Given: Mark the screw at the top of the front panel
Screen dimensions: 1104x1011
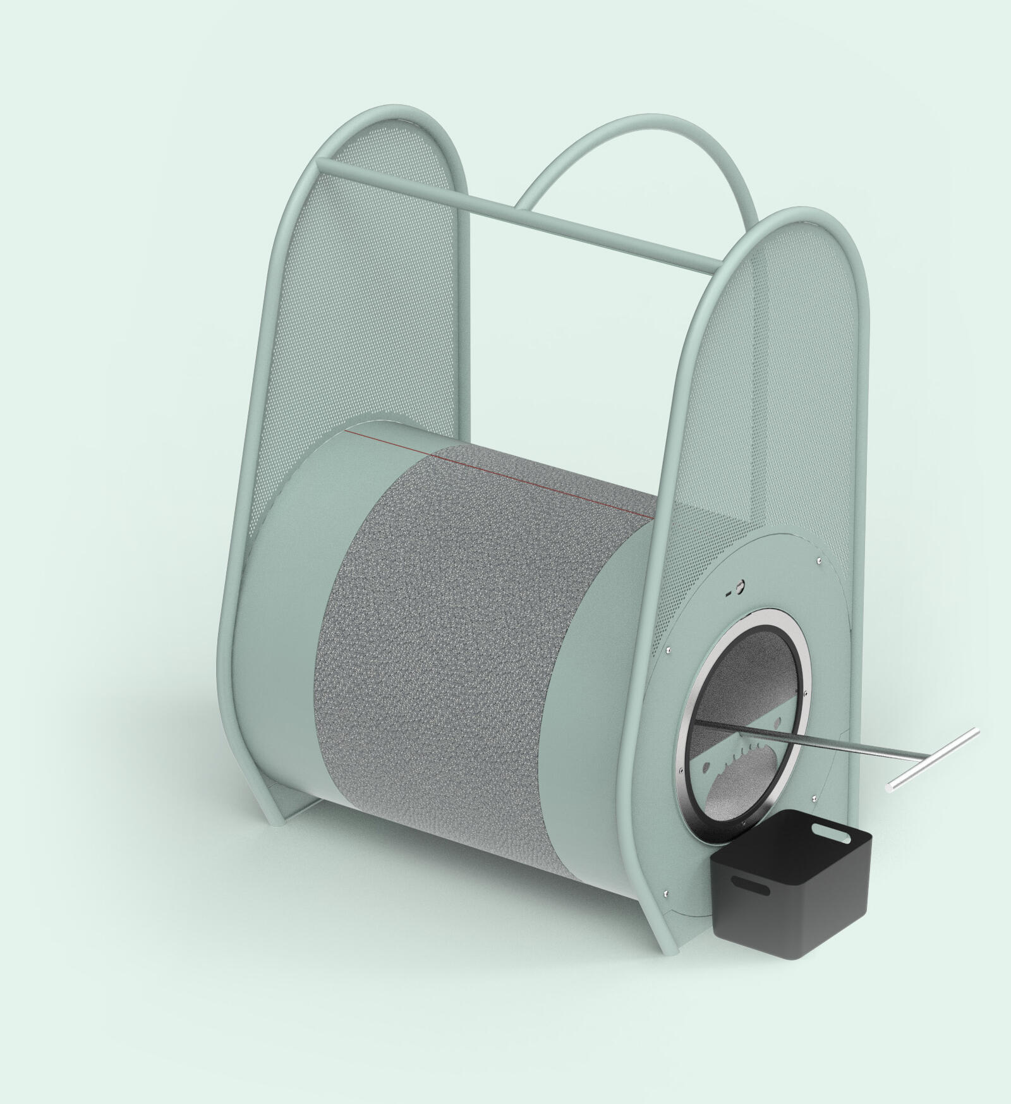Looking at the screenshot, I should tap(818, 559).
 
